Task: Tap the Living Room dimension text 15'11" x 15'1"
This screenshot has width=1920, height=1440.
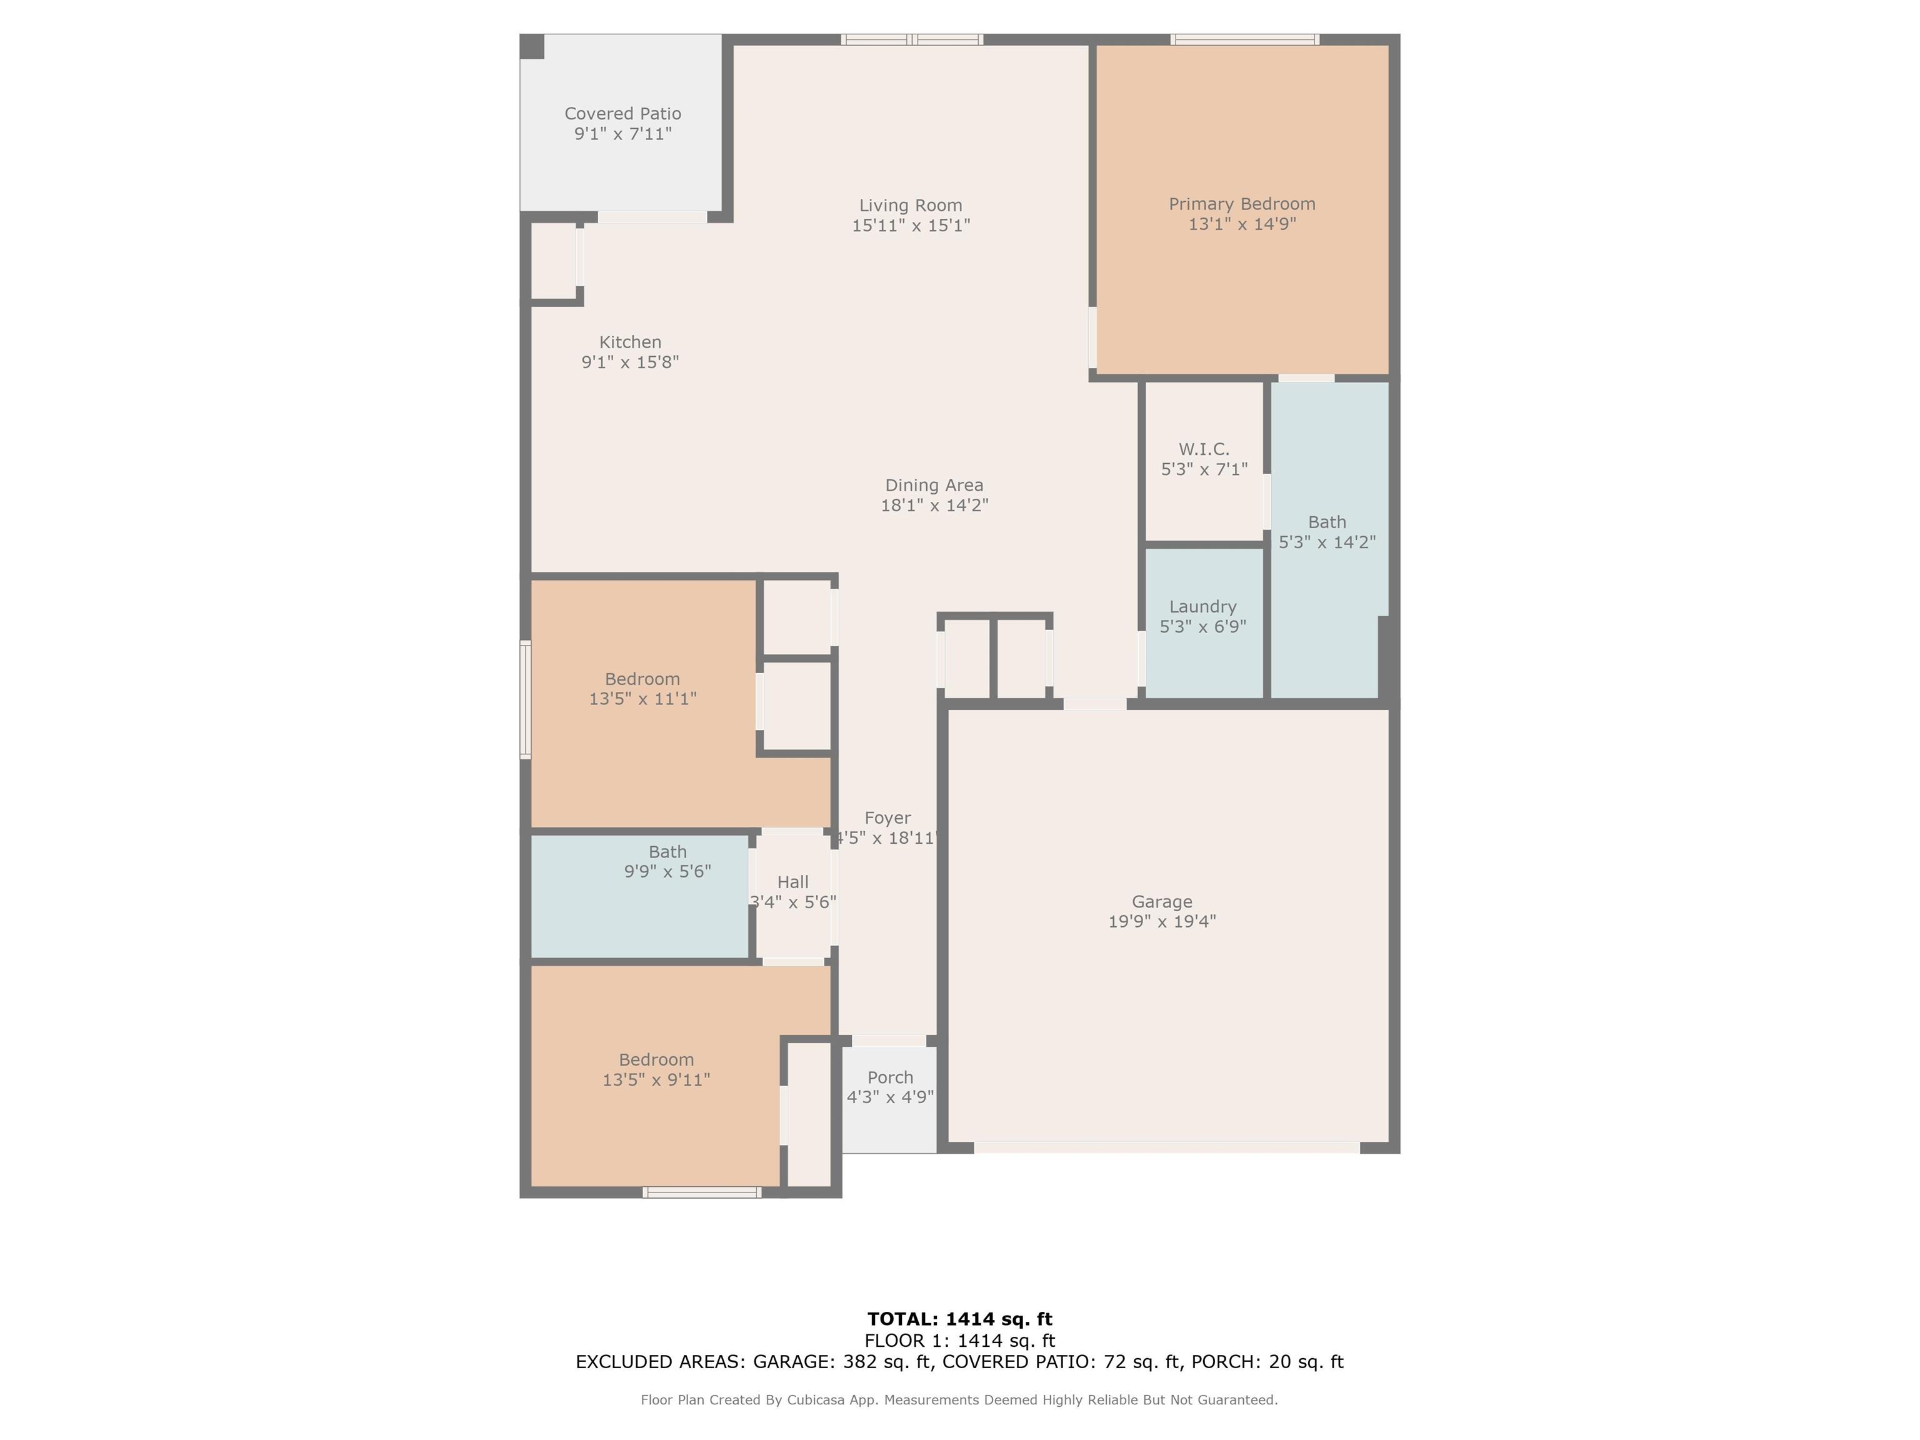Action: tap(911, 226)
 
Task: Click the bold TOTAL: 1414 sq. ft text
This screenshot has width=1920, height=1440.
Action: tap(960, 1319)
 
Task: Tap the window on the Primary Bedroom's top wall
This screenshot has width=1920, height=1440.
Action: tap(1245, 39)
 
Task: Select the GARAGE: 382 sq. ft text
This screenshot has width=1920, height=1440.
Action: tap(842, 1362)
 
